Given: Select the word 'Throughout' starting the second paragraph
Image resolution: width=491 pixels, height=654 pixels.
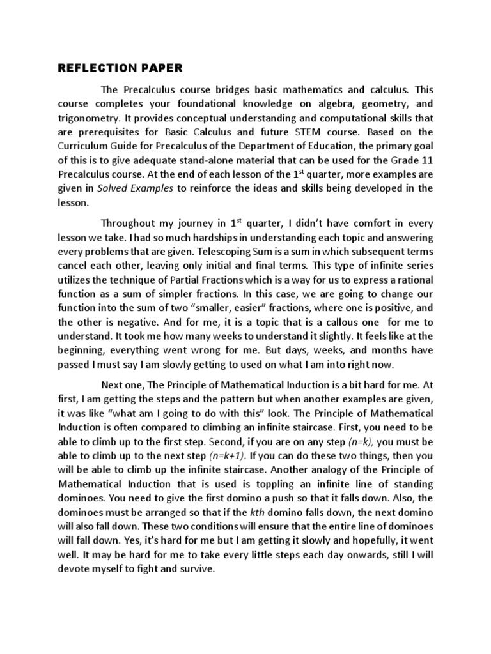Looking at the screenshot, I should [x=131, y=224].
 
